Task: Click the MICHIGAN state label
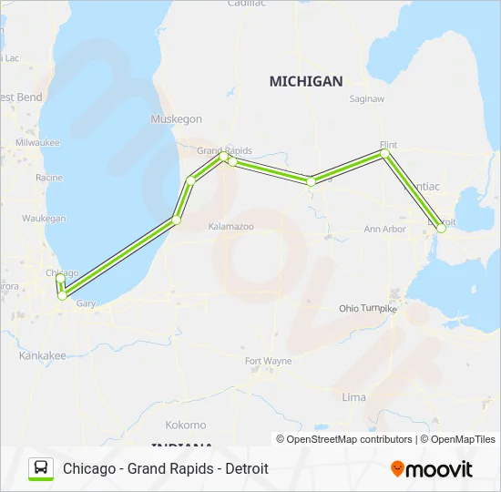tap(305, 81)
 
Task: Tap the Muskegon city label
tap(176, 119)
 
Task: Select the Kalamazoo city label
tap(230, 225)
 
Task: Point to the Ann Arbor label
tap(384, 229)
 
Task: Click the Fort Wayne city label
tap(268, 361)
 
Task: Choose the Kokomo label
tap(185, 425)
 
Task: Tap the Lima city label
tap(353, 397)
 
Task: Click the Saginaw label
tap(367, 98)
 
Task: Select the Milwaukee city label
tap(36, 143)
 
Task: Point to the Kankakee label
tap(42, 355)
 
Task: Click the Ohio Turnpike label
tap(368, 309)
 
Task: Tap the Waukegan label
tap(44, 219)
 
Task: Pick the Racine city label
tap(48, 178)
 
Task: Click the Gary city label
tap(86, 303)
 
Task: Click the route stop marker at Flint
tap(385, 154)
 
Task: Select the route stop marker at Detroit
tap(441, 229)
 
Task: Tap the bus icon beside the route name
tap(41, 468)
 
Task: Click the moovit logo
tap(432, 469)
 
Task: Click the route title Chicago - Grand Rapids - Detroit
tap(165, 468)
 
